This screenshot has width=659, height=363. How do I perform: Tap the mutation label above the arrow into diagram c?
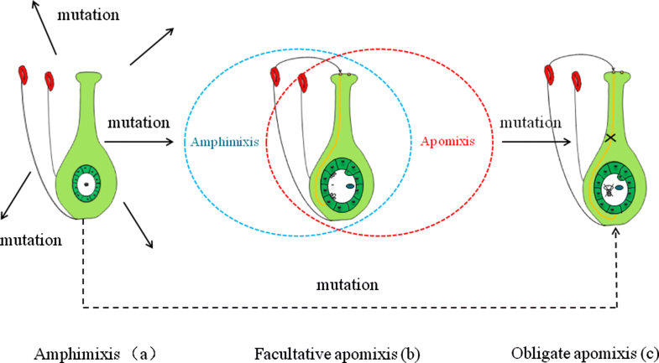[531, 123]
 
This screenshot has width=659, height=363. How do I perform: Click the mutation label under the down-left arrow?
[31, 241]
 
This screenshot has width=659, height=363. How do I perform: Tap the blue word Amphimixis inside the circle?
[222, 143]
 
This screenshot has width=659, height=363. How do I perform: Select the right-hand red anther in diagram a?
[50, 80]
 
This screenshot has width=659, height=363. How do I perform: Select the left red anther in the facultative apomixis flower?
[275, 76]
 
